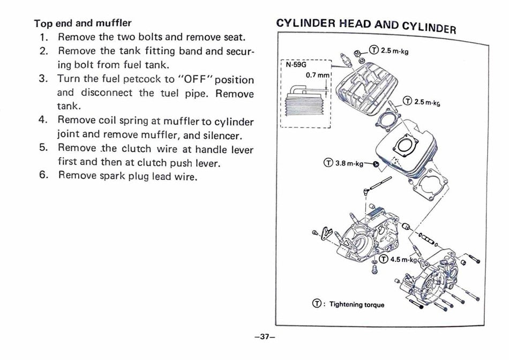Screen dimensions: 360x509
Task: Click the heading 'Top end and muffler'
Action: [83, 24]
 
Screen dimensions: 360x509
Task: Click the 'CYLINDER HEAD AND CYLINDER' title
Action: [365, 25]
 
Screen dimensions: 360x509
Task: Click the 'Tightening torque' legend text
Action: [356, 304]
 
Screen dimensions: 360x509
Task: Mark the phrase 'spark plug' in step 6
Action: [126, 175]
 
